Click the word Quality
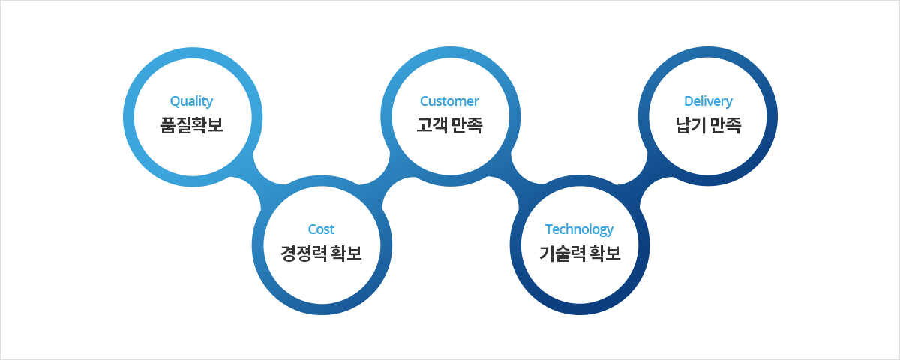(191, 101)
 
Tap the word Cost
(321, 229)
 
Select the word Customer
(449, 100)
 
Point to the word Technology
(579, 229)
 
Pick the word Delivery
(708, 101)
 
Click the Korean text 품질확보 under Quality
(191, 125)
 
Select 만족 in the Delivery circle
(726, 125)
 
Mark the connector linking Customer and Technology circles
(515, 177)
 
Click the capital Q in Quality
(175, 101)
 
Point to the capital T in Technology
(549, 229)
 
